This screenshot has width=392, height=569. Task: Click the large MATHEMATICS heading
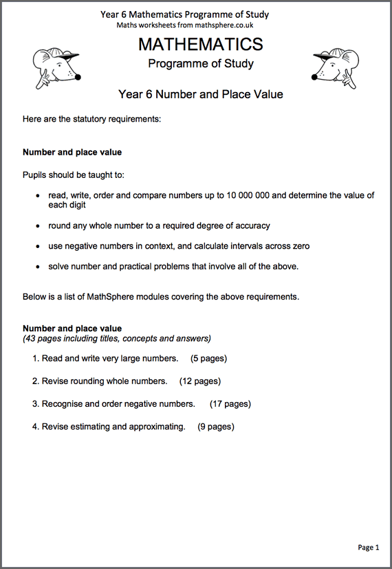(200, 45)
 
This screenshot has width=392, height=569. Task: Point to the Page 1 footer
(368, 547)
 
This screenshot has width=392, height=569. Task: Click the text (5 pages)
(208, 358)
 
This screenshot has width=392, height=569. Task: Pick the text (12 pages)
(199, 381)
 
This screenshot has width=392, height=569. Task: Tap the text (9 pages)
(215, 426)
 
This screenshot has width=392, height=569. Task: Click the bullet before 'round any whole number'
(37, 226)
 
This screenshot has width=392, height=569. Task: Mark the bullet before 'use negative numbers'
(37, 247)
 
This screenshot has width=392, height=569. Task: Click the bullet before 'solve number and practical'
(37, 267)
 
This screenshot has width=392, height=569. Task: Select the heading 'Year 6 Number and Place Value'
(200, 94)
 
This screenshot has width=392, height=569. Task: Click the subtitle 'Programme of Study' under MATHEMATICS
(200, 64)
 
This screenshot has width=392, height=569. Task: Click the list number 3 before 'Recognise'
(35, 403)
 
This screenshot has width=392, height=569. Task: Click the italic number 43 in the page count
(30, 338)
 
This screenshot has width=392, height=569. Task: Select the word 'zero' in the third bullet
(301, 246)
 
